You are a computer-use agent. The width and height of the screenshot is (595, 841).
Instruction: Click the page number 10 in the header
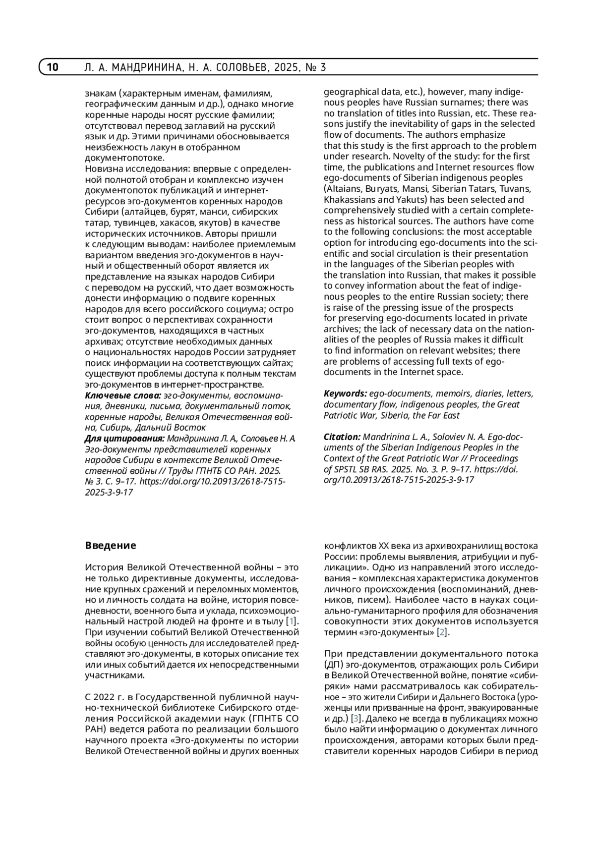pyautogui.click(x=53, y=67)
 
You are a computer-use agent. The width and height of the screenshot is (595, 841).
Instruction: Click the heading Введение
pyautogui.click(x=110, y=546)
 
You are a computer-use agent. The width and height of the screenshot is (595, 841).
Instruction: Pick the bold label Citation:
pyautogui.click(x=342, y=437)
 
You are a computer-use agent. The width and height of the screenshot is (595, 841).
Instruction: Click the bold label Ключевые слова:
pyautogui.click(x=123, y=395)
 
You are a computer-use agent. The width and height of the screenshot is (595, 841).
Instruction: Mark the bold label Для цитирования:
pyautogui.click(x=124, y=439)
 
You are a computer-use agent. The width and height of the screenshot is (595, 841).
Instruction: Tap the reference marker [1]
pyautogui.click(x=292, y=621)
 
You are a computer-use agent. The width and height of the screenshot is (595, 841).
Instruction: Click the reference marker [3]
pyautogui.click(x=356, y=719)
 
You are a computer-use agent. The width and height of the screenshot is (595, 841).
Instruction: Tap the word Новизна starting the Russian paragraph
pyautogui.click(x=103, y=169)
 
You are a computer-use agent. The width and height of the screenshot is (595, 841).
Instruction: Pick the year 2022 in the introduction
pyautogui.click(x=103, y=697)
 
